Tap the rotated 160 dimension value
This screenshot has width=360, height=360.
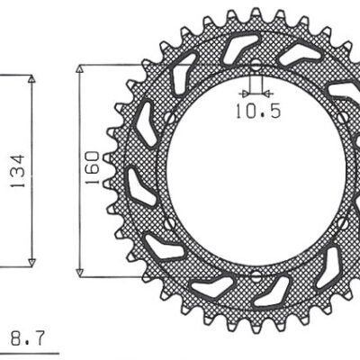click(x=92, y=169)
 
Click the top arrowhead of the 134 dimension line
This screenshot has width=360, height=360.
click(x=33, y=79)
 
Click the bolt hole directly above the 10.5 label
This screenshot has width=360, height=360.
click(x=255, y=67)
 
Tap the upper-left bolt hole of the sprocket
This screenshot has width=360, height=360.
click(x=168, y=118)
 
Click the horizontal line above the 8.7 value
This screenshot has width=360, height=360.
click(x=23, y=327)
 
